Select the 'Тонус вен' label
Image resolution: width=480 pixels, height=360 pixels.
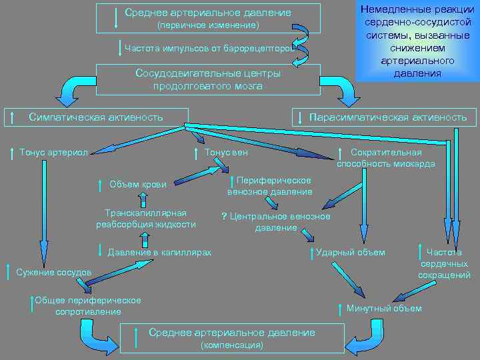tap(226, 152)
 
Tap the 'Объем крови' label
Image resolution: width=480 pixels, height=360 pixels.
tap(138, 183)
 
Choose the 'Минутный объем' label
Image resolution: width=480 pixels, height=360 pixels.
tap(384, 308)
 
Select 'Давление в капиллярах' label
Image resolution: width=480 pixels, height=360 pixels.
tap(159, 252)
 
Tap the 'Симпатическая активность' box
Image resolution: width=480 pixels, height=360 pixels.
tap(96, 117)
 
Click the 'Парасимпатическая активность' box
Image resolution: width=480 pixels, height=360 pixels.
tap(386, 117)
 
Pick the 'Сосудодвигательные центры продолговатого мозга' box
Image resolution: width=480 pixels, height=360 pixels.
tap(208, 79)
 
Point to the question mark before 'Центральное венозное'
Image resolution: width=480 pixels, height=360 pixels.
tap(224, 217)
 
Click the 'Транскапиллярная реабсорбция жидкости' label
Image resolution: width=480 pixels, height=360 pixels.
tap(146, 218)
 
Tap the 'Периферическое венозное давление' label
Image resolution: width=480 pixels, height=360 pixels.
tap(269, 186)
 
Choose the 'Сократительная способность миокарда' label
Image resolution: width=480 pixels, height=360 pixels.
tap(386, 157)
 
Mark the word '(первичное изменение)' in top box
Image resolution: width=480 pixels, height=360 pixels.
tap(207, 25)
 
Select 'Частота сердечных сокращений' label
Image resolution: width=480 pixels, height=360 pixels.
tap(444, 263)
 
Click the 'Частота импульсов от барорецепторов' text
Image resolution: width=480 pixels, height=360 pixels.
tap(208, 47)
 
